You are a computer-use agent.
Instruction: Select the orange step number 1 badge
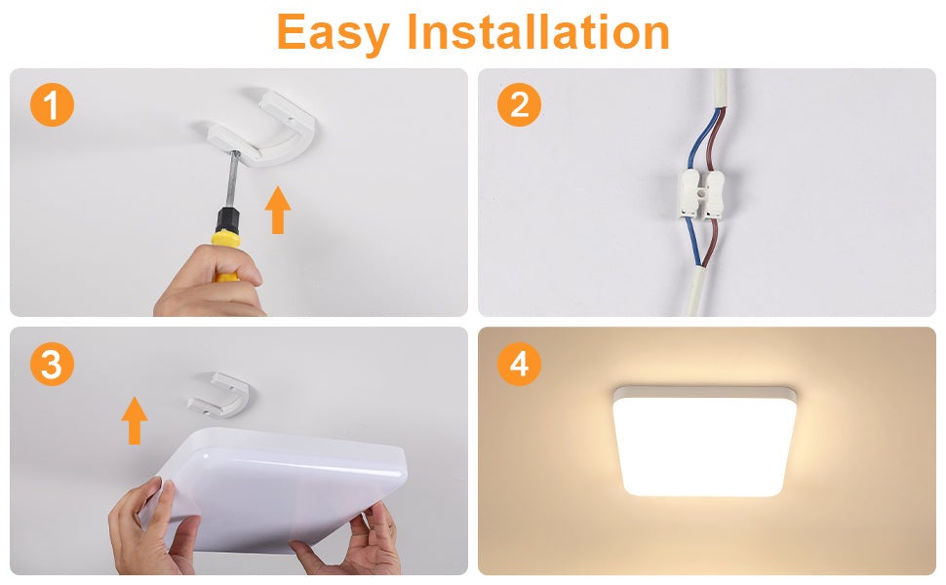[x=52, y=104]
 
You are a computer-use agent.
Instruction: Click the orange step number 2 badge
[x=519, y=104]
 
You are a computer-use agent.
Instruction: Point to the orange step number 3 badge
[x=52, y=365]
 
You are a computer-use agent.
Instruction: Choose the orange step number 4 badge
[x=519, y=365]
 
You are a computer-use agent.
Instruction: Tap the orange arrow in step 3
[x=135, y=420]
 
